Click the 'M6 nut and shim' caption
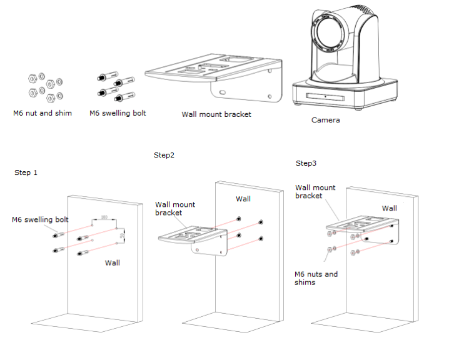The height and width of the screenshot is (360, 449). point(43,113)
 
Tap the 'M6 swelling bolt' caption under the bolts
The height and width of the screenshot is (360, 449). point(118,113)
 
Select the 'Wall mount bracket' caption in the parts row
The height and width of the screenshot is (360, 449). point(216,114)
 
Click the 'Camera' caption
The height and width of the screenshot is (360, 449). point(326,120)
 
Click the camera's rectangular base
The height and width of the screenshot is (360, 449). point(346,95)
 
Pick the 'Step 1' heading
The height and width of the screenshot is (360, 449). point(26,172)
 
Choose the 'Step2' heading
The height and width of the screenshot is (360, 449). point(164,154)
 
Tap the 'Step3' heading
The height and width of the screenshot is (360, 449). point(306,163)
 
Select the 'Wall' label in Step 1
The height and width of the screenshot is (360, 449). point(113,262)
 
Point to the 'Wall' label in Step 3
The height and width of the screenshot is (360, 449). point(390,208)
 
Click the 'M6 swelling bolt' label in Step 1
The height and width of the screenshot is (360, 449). point(40,219)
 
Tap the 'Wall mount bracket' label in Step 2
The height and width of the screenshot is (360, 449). point(175,209)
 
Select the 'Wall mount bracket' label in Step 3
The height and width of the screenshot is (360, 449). point(315,191)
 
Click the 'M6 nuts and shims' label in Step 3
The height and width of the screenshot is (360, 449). point(316,278)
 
